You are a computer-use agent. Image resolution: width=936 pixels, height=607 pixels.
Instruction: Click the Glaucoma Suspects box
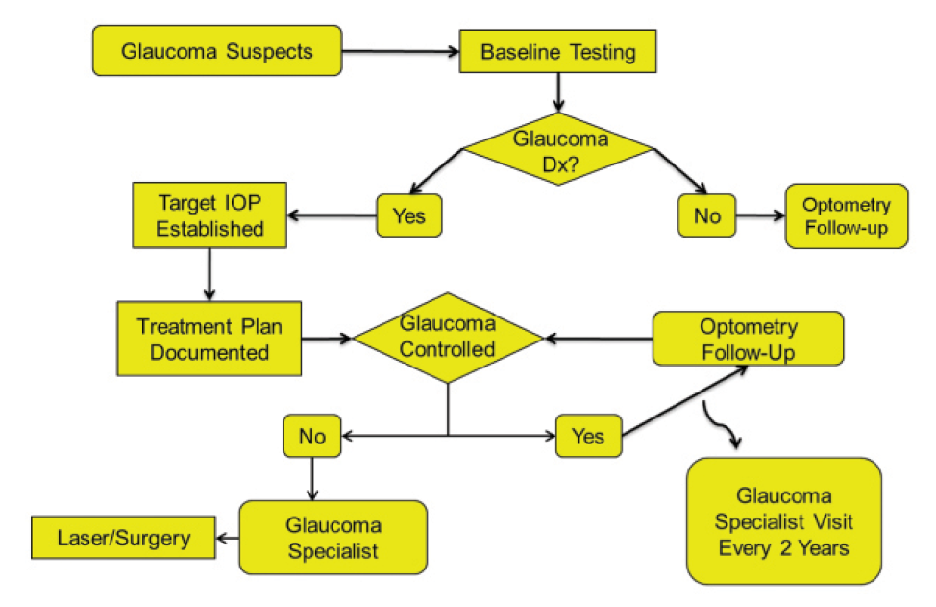pyautogui.click(x=217, y=50)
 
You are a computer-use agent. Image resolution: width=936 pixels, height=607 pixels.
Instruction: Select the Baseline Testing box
pyautogui.click(x=557, y=51)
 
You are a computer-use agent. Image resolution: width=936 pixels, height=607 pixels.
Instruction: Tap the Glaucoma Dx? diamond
pyautogui.click(x=558, y=148)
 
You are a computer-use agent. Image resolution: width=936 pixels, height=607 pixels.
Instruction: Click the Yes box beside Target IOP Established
pyautogui.click(x=409, y=216)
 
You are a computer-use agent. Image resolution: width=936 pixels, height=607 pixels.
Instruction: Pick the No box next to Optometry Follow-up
pyautogui.click(x=706, y=216)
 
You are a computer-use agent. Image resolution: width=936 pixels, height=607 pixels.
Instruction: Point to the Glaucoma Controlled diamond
pyautogui.click(x=448, y=338)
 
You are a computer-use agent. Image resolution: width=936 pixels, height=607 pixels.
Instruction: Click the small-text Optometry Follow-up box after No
pyautogui.click(x=847, y=216)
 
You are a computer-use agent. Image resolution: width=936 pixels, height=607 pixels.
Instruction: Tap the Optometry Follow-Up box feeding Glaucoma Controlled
pyautogui.click(x=748, y=339)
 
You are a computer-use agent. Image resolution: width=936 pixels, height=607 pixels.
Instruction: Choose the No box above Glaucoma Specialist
pyautogui.click(x=311, y=436)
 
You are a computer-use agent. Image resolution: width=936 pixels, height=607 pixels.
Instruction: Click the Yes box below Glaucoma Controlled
pyautogui.click(x=587, y=436)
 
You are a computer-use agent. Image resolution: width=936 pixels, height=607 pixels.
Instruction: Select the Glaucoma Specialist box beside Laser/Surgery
pyautogui.click(x=332, y=538)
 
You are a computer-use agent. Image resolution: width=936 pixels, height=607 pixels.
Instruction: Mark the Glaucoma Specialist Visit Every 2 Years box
pyautogui.click(x=783, y=521)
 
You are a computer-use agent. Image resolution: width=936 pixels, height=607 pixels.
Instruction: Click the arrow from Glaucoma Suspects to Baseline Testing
pyautogui.click(x=400, y=51)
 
